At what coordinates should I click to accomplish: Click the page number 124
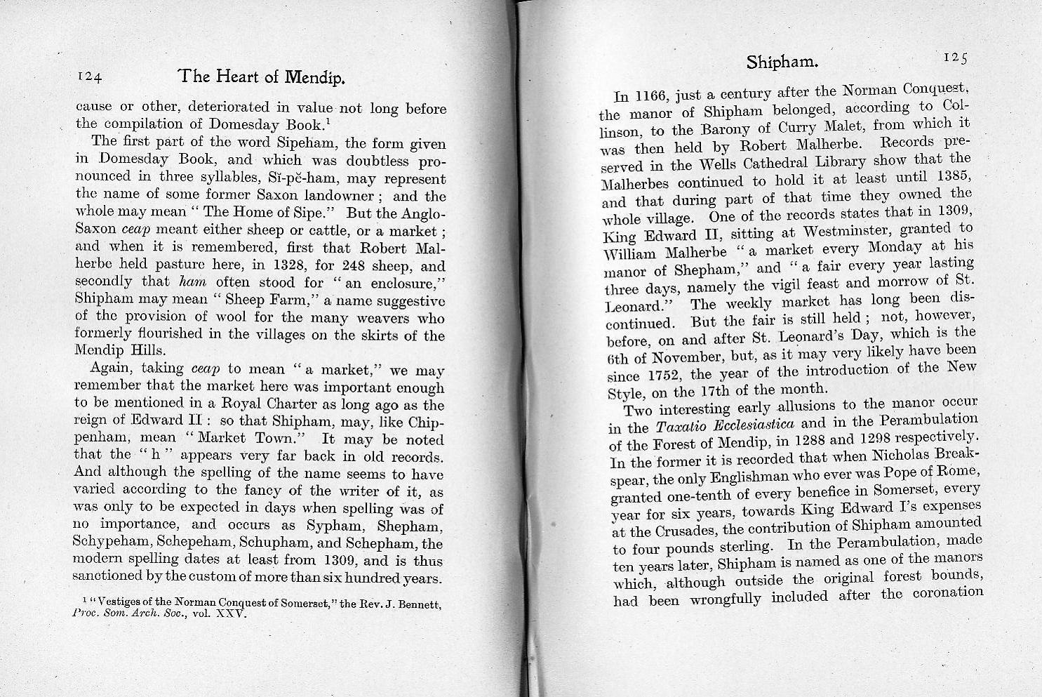[90, 77]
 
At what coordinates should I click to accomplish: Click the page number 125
[955, 58]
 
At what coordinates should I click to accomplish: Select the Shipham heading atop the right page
[782, 62]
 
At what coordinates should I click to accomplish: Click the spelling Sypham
[333, 525]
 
